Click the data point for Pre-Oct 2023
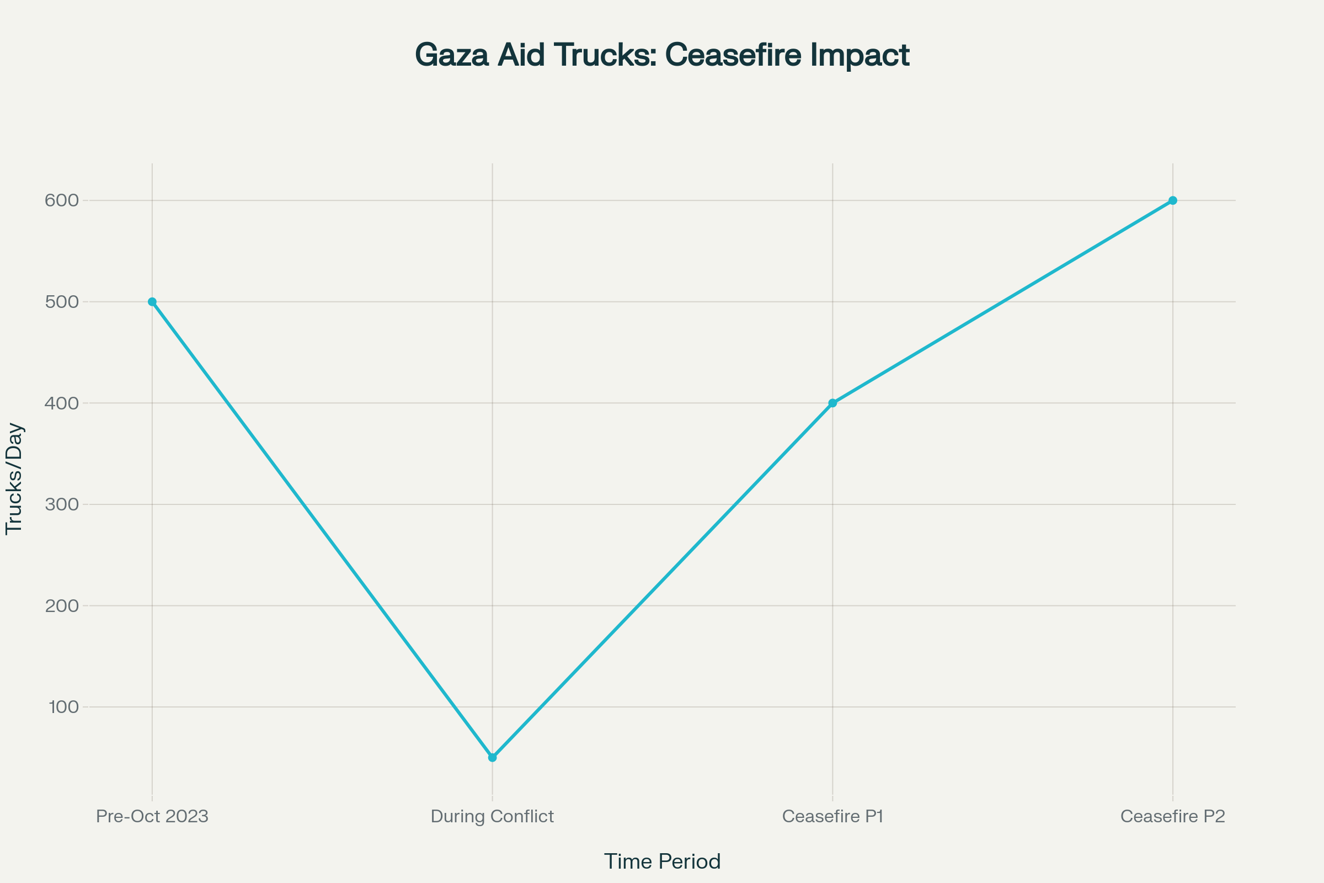[x=152, y=302]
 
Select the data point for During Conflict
[x=493, y=757]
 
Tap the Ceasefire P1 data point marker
[x=832, y=403]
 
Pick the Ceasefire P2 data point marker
[x=1173, y=200]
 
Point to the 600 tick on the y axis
[x=62, y=200]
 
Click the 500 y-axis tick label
[x=62, y=302]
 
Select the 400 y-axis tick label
[x=62, y=403]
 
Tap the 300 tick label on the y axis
[x=62, y=504]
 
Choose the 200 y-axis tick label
[x=62, y=606]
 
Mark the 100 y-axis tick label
[x=63, y=708]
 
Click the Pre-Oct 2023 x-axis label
[x=152, y=817]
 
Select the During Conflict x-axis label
[x=493, y=817]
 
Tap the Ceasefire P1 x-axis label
[x=832, y=817]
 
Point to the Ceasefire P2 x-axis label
[x=1173, y=817]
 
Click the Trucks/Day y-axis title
[x=14, y=478]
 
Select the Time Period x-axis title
[x=662, y=861]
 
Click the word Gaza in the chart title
[x=451, y=55]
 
